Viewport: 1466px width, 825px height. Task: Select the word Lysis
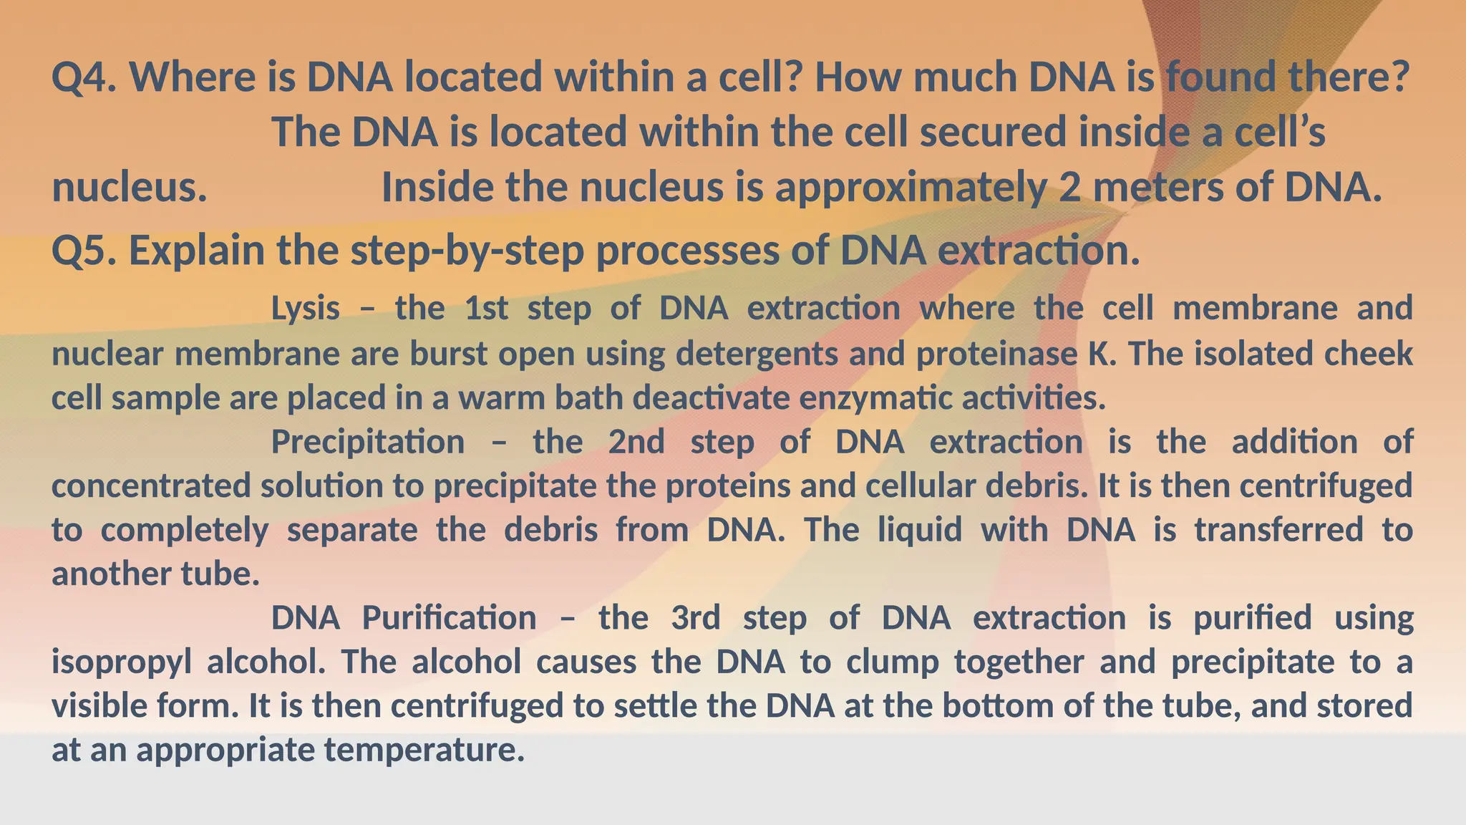pos(306,309)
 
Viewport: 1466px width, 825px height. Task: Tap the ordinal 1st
pos(487,309)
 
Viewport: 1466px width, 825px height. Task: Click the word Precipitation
pos(368,442)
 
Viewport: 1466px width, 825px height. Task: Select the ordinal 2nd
pos(636,442)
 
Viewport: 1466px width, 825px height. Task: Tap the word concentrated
pos(151,486)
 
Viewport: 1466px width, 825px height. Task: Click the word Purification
pos(449,618)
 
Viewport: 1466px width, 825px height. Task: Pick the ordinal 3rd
pos(696,618)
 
